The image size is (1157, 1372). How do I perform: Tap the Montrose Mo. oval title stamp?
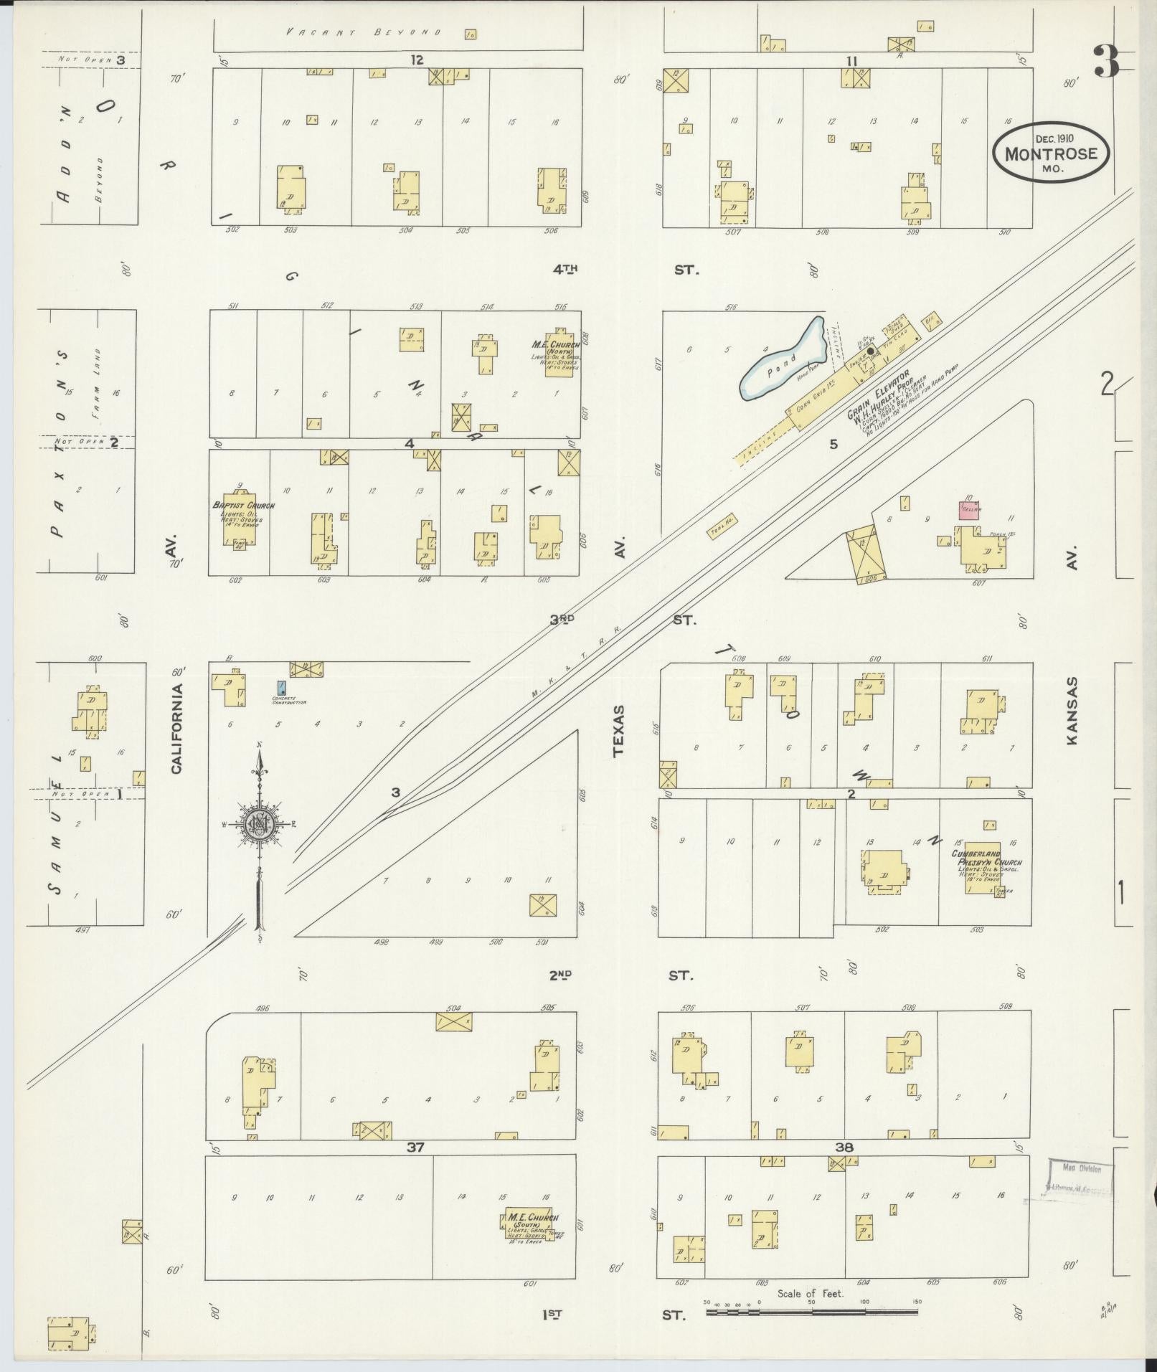(x=1051, y=153)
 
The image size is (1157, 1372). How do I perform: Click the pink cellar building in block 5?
(x=970, y=509)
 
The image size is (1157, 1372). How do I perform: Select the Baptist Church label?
(x=243, y=506)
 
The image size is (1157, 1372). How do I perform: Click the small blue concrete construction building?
(x=281, y=689)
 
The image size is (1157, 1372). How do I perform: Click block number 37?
(x=416, y=1148)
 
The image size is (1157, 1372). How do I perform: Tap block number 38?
(x=844, y=1148)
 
